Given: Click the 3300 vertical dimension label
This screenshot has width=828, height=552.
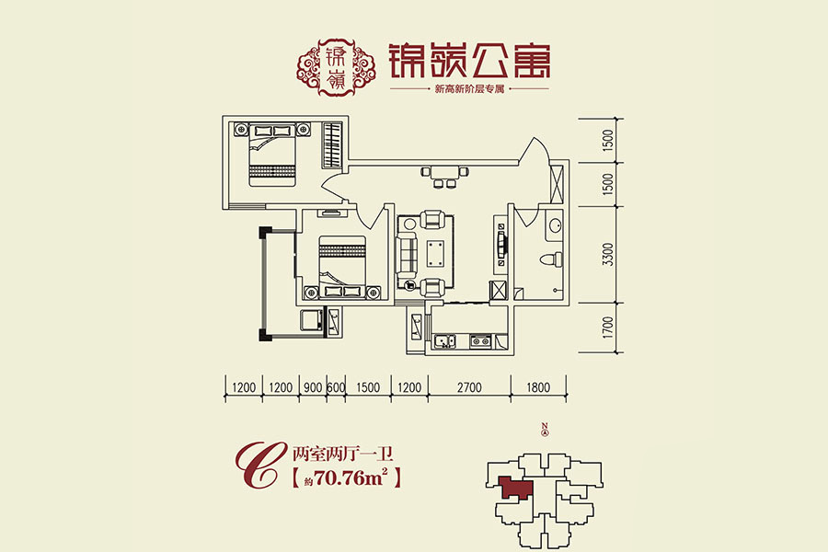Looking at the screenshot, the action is [608, 255].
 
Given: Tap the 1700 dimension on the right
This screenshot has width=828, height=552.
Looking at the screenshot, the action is [608, 328].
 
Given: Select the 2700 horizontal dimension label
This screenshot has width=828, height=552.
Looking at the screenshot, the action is [469, 387].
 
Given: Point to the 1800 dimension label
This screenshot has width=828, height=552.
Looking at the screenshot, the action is [538, 387].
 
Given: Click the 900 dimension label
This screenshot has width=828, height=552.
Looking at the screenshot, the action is [313, 387].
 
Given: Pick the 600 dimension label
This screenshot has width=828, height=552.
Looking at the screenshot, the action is [336, 387].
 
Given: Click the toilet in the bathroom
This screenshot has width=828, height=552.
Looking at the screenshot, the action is [551, 259].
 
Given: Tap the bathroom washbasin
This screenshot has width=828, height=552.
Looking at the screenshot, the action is [555, 226].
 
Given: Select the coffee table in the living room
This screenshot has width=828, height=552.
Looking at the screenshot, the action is [436, 254].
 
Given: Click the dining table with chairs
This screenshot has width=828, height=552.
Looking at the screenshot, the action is [444, 177].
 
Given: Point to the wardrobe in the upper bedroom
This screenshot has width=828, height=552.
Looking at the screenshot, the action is [333, 145].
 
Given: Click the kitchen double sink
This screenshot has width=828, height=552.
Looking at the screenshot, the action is [444, 341].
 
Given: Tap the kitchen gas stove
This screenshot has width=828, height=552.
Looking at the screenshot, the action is [480, 341].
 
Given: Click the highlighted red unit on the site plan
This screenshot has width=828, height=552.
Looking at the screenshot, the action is [514, 488].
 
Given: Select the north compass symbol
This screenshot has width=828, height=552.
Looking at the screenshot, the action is [546, 430].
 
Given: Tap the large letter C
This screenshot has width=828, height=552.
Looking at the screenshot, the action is [258, 464].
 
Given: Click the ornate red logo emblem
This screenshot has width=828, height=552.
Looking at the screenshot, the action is [337, 67].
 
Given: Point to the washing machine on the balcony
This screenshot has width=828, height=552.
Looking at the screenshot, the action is [312, 320].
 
